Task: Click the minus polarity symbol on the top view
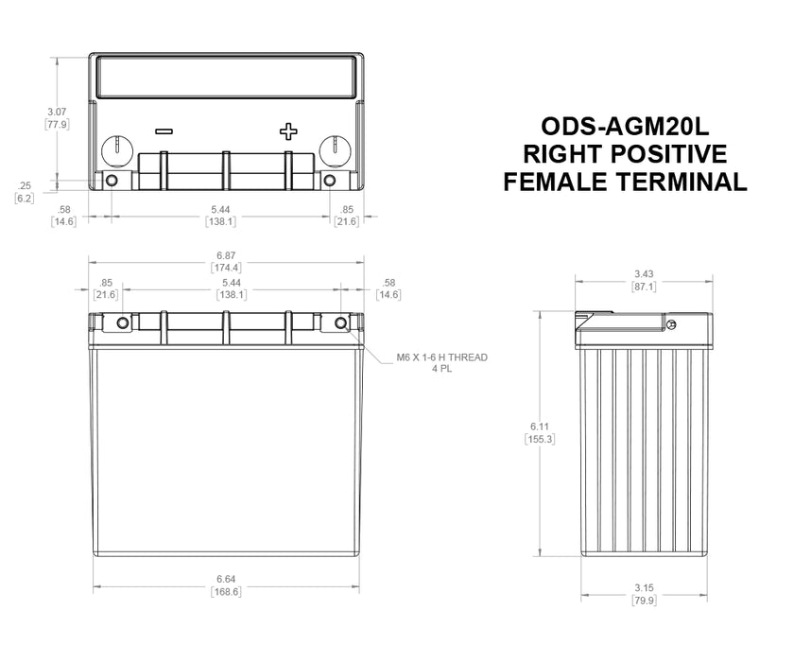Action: tap(164, 131)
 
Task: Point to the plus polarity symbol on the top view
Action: tap(288, 131)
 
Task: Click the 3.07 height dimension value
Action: tap(57, 112)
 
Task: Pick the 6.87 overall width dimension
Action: tap(226, 256)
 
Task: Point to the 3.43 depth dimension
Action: tap(645, 274)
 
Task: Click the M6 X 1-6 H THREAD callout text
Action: tap(441, 357)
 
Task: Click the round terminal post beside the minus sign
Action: tap(115, 148)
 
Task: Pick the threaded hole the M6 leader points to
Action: tap(341, 323)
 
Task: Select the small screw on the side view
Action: tap(670, 325)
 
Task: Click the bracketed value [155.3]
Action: tap(537, 439)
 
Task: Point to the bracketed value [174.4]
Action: tap(226, 269)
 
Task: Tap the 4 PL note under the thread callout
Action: tap(441, 370)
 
